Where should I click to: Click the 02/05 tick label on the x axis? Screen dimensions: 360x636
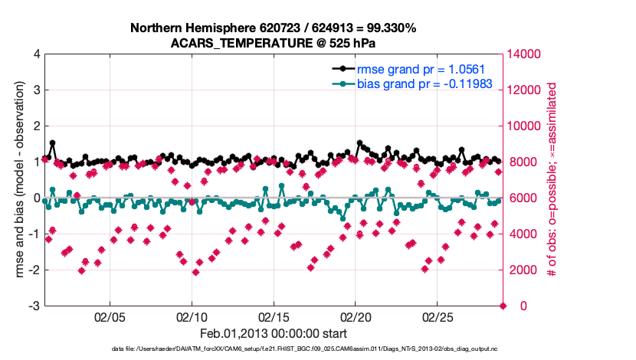(x=109, y=316)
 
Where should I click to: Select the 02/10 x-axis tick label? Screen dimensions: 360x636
(x=191, y=316)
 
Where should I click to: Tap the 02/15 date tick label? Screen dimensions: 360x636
(x=273, y=316)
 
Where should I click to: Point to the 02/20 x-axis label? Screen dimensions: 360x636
(x=355, y=316)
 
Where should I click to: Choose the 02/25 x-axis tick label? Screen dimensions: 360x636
(x=437, y=316)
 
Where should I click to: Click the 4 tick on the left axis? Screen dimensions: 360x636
(x=36, y=54)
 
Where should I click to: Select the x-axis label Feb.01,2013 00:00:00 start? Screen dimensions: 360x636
(x=274, y=334)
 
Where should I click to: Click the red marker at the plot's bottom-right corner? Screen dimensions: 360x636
(x=503, y=306)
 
